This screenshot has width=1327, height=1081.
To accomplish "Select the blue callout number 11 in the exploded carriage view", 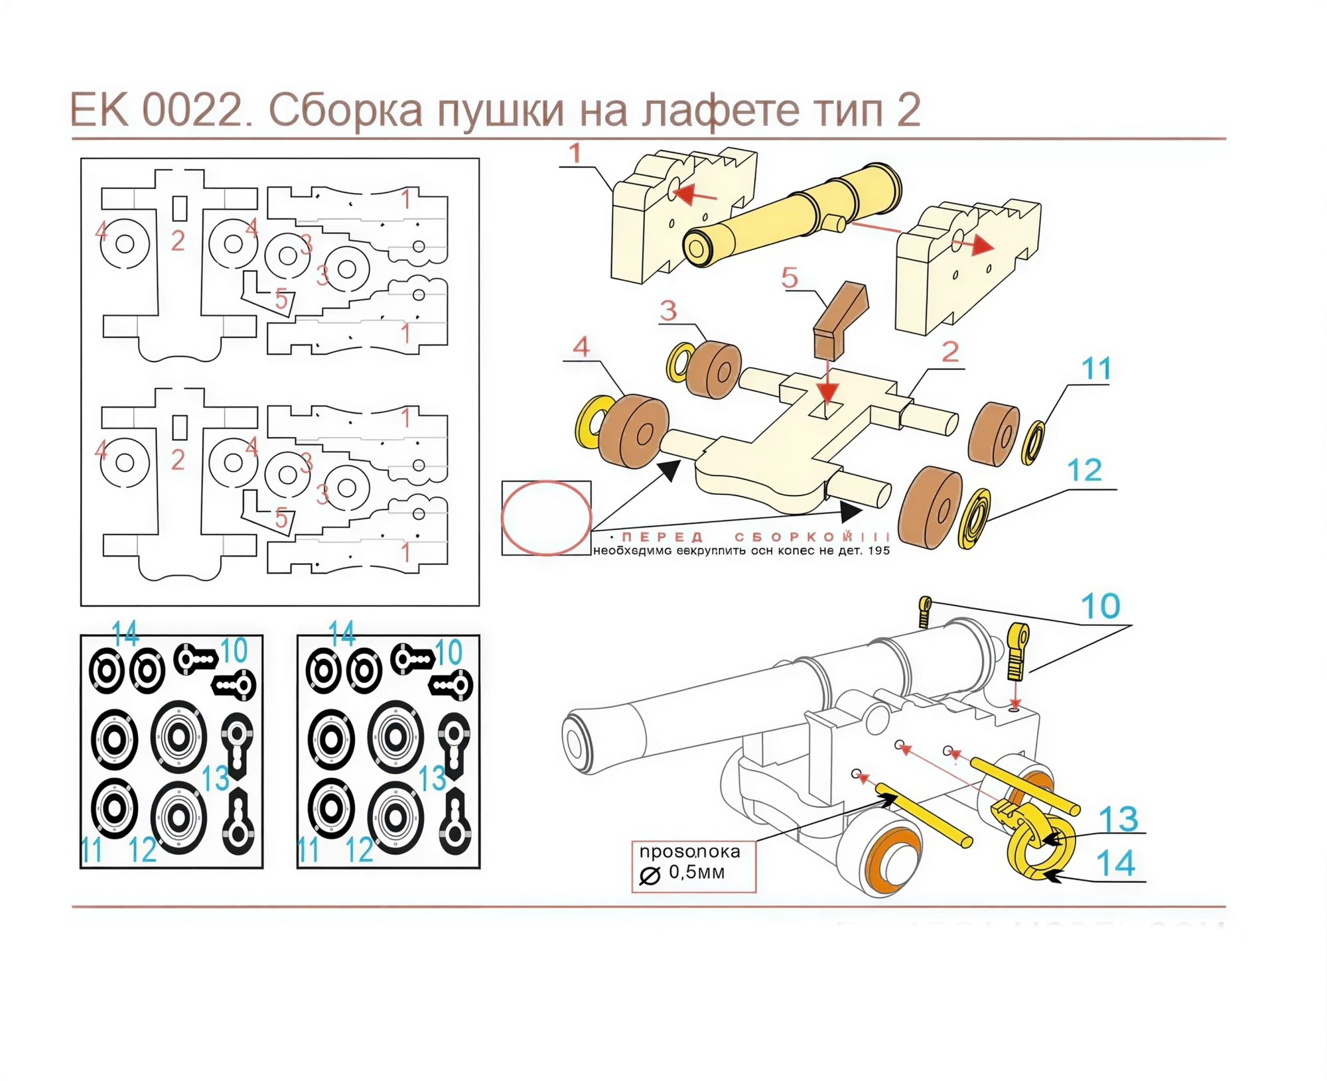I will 1095,369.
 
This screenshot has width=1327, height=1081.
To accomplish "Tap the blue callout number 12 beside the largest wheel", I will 1084,471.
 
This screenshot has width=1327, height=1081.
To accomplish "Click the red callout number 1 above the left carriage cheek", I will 575,154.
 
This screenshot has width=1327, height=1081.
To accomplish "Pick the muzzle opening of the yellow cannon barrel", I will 697,249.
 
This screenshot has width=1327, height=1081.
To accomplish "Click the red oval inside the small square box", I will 545,518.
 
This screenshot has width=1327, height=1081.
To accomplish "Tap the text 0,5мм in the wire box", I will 697,873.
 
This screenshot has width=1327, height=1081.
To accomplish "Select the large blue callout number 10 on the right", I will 1100,606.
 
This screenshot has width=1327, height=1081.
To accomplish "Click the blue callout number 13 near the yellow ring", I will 1118,820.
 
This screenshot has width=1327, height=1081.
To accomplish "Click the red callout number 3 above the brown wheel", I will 668,310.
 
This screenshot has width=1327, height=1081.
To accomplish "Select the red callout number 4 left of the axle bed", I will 581,347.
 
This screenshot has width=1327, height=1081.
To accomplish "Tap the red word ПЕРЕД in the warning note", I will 662,537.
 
